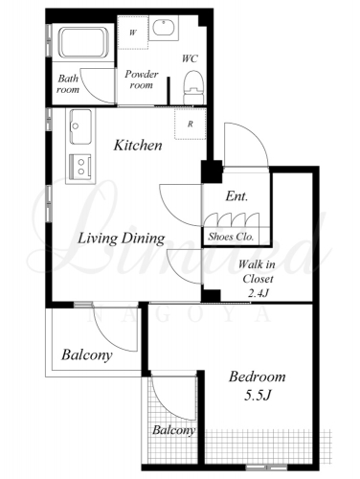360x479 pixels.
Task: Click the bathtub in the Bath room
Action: click(x=83, y=43)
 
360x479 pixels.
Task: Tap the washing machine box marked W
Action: click(x=133, y=33)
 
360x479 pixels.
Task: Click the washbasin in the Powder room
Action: click(x=163, y=28)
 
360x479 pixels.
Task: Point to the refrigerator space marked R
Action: click(x=191, y=124)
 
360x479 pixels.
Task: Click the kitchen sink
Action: click(x=80, y=126)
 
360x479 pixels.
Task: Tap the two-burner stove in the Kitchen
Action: click(x=80, y=167)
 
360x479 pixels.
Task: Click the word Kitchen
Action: click(x=138, y=146)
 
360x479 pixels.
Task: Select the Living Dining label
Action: click(x=122, y=239)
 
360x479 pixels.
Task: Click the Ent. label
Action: click(x=236, y=196)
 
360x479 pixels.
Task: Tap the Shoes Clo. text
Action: click(x=231, y=237)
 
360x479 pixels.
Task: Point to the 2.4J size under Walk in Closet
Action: click(x=258, y=293)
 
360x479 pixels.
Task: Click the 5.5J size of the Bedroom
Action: click(x=258, y=396)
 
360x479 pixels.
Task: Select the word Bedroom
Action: click(x=258, y=376)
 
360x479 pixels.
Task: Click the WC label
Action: click(x=190, y=58)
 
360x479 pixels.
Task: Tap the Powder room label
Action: click(x=142, y=80)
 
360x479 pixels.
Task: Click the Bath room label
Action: click(x=68, y=84)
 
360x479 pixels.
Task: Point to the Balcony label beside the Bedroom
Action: click(x=173, y=430)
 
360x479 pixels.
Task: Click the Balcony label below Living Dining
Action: click(x=87, y=355)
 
